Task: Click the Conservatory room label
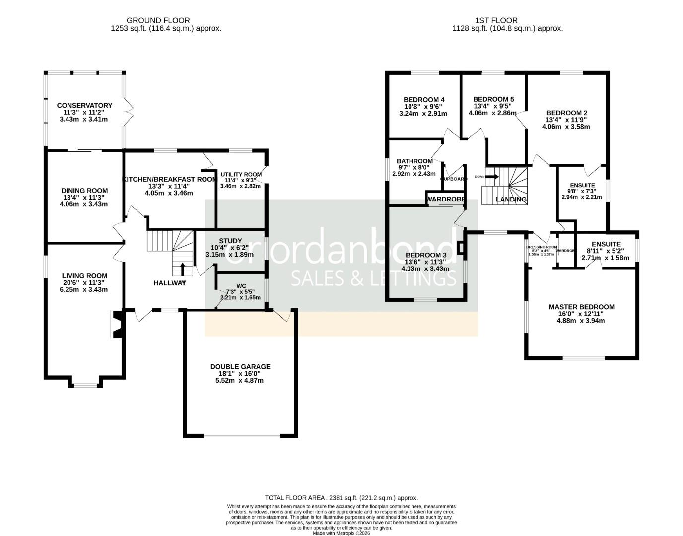(84, 105)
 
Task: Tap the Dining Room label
(84, 191)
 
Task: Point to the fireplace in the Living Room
(117, 325)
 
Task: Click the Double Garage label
(240, 367)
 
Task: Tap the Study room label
(230, 241)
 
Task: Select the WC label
(241, 286)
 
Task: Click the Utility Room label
(241, 174)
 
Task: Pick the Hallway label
(170, 283)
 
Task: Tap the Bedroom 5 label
(493, 99)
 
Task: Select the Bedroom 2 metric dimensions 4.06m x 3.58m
(566, 127)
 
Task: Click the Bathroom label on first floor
(414, 161)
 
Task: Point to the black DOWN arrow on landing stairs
(492, 176)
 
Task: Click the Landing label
(511, 200)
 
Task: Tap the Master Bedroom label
(581, 307)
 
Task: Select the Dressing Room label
(542, 247)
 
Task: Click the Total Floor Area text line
(341, 498)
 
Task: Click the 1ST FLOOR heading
(496, 20)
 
